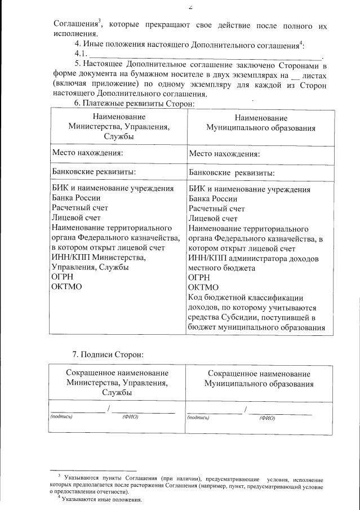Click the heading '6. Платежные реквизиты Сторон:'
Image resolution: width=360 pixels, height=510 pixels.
pyautogui.click(x=135, y=103)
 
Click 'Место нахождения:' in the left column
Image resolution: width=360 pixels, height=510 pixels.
pyautogui.click(x=88, y=153)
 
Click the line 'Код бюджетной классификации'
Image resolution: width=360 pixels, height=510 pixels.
pyautogui.click(x=246, y=298)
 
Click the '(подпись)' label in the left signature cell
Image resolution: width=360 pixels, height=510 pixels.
pyautogui.click(x=61, y=416)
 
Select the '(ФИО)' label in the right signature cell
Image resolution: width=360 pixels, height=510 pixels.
pyautogui.click(x=266, y=418)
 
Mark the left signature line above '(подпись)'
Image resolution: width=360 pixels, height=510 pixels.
pyautogui.click(x=77, y=412)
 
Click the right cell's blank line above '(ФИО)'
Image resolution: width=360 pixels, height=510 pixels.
pyautogui.click(x=280, y=414)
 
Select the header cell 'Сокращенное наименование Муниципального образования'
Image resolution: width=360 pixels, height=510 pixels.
pyautogui.click(x=259, y=379)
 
